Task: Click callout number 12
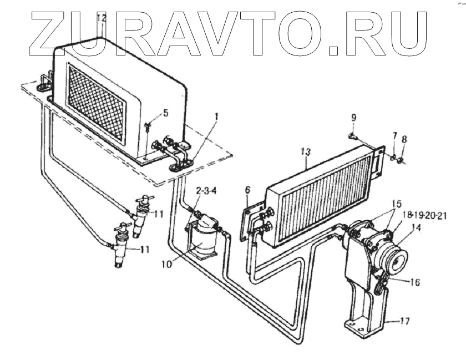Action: click(101, 18)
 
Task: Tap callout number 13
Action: click(306, 151)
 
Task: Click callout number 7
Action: click(395, 135)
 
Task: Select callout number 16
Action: click(415, 282)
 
